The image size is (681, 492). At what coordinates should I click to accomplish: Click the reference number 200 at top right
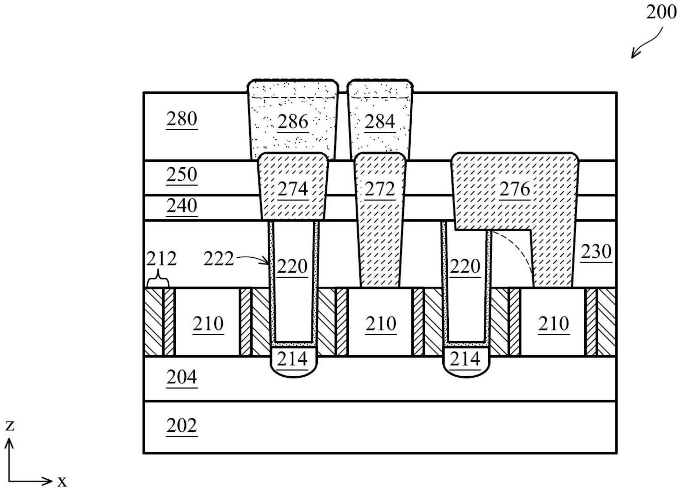pyautogui.click(x=661, y=13)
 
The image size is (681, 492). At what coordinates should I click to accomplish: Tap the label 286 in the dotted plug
pyautogui.click(x=293, y=122)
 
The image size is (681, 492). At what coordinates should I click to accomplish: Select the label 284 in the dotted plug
pyautogui.click(x=380, y=122)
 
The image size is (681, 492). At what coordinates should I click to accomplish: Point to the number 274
pyautogui.click(x=293, y=189)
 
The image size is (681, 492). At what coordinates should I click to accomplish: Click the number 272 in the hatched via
pyautogui.click(x=380, y=189)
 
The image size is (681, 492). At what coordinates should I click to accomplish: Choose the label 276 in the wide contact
pyautogui.click(x=515, y=189)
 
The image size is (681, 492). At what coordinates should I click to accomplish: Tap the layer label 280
pyautogui.click(x=182, y=119)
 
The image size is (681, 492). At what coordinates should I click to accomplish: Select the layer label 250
pyautogui.click(x=182, y=174)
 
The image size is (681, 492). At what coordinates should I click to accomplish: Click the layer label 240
pyautogui.click(x=182, y=206)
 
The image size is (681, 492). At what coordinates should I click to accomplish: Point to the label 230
pyautogui.click(x=596, y=252)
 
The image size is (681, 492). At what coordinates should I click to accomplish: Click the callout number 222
pyautogui.click(x=218, y=259)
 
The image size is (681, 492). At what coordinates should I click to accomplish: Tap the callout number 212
pyautogui.click(x=161, y=259)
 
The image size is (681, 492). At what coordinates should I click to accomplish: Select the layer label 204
pyautogui.click(x=182, y=377)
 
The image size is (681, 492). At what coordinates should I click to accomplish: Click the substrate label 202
pyautogui.click(x=182, y=426)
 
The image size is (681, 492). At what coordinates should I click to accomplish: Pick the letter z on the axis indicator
pyautogui.click(x=10, y=425)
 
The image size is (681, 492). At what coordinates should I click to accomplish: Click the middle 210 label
pyautogui.click(x=381, y=324)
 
